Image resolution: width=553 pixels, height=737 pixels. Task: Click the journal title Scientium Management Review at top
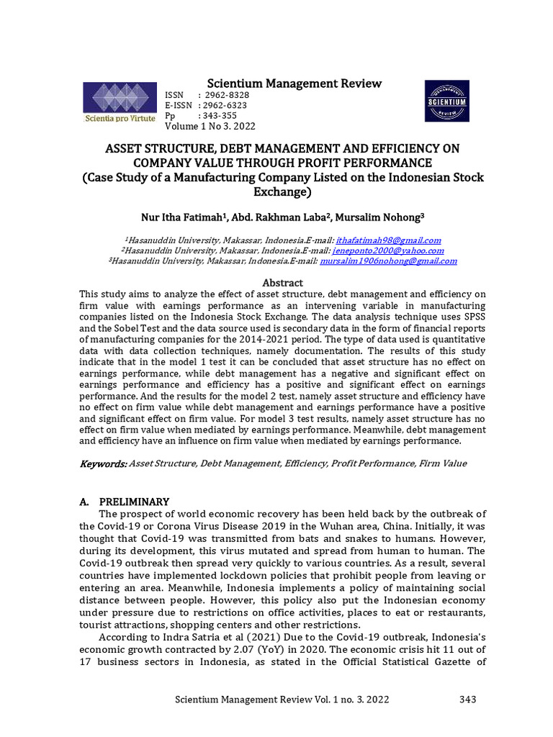coord(294,83)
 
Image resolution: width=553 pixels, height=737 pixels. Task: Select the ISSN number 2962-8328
coord(228,96)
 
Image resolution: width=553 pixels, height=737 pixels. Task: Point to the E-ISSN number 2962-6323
coord(226,106)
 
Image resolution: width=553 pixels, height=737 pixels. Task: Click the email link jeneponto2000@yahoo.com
coord(388,250)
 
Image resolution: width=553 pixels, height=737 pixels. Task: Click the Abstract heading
coord(282,283)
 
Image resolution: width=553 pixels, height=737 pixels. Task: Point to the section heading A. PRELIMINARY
coord(124,502)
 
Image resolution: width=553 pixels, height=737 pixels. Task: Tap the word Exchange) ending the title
coord(282,192)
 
